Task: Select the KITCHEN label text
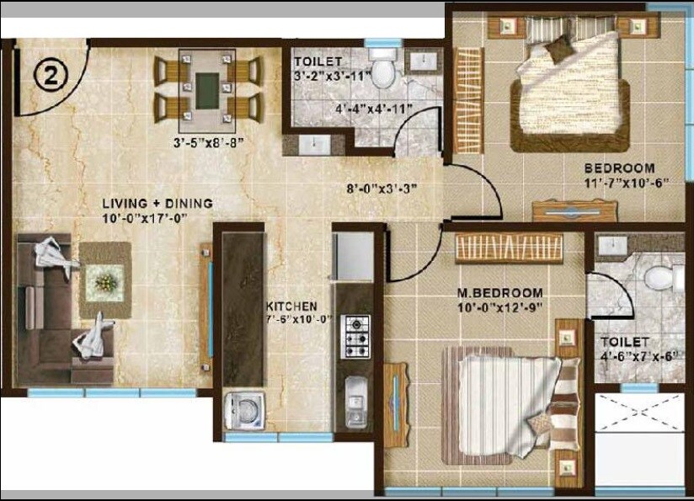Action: pyautogui.click(x=291, y=306)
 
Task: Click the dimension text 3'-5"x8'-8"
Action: pyautogui.click(x=202, y=141)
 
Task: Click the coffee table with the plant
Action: pyautogui.click(x=104, y=280)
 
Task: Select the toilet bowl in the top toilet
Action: pyautogui.click(x=384, y=73)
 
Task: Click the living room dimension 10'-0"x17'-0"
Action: pyautogui.click(x=144, y=217)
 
